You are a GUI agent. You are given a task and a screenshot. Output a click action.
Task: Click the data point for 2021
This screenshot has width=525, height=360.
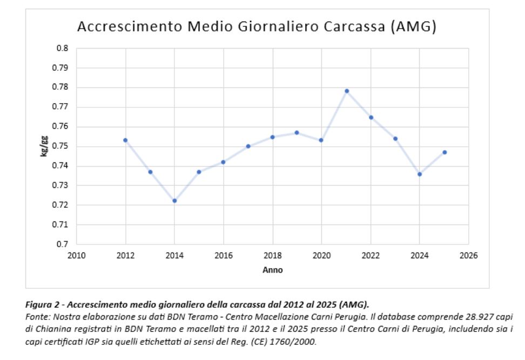coord(347,91)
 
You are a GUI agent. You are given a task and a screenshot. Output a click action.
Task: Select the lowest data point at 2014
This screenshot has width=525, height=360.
coord(174,201)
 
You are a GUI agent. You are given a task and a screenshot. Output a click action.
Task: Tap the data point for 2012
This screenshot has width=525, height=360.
coord(125,140)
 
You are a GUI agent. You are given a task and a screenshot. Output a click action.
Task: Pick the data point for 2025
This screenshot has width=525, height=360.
coord(445,152)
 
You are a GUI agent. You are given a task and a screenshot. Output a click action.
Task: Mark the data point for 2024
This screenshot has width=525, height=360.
coord(420,174)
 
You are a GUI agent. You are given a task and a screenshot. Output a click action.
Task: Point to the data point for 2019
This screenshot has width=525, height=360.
coord(297,132)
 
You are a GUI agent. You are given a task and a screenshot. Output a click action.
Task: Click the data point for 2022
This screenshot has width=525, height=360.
coord(371,118)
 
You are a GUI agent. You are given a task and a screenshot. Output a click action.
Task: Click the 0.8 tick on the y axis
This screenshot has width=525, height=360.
coord(62,48)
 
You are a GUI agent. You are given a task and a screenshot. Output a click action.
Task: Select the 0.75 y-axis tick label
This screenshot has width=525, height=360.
coord(60,146)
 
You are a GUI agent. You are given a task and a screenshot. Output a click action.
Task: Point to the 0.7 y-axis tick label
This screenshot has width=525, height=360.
coord(62,244)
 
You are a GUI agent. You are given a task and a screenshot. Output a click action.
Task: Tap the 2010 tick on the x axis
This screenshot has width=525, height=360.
coord(76,256)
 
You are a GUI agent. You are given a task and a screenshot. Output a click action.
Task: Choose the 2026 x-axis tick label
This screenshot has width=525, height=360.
coord(468,256)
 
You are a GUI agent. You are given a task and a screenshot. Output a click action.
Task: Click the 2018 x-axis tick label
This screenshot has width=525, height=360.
coord(273,256)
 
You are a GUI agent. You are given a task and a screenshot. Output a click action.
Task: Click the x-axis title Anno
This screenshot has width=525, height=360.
coord(273,270)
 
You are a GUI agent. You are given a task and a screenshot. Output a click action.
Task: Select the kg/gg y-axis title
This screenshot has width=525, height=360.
coord(44,146)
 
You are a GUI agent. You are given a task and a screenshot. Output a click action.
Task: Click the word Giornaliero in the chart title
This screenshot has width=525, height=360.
coord(278,27)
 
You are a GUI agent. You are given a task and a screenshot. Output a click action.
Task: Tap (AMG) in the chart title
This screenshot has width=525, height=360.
coord(413,27)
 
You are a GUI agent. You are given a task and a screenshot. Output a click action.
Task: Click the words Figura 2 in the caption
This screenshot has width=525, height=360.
coord(42,305)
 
